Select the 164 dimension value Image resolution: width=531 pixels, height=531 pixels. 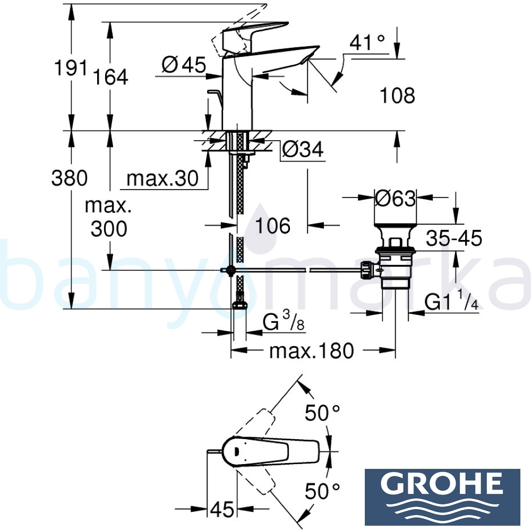[111, 77]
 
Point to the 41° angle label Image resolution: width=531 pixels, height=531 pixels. [367, 43]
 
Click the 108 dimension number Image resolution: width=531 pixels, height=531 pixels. [397, 96]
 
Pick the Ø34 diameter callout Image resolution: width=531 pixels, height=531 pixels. [302, 150]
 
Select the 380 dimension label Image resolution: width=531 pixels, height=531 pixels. [70, 178]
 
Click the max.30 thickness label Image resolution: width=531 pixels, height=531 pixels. [162, 178]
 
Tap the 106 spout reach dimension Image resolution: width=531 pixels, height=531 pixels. [273, 226]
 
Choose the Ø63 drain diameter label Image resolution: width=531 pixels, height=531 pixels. [395, 199]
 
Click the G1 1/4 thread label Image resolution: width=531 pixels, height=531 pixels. [451, 302]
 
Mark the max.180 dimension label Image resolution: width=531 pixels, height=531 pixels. [311, 350]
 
